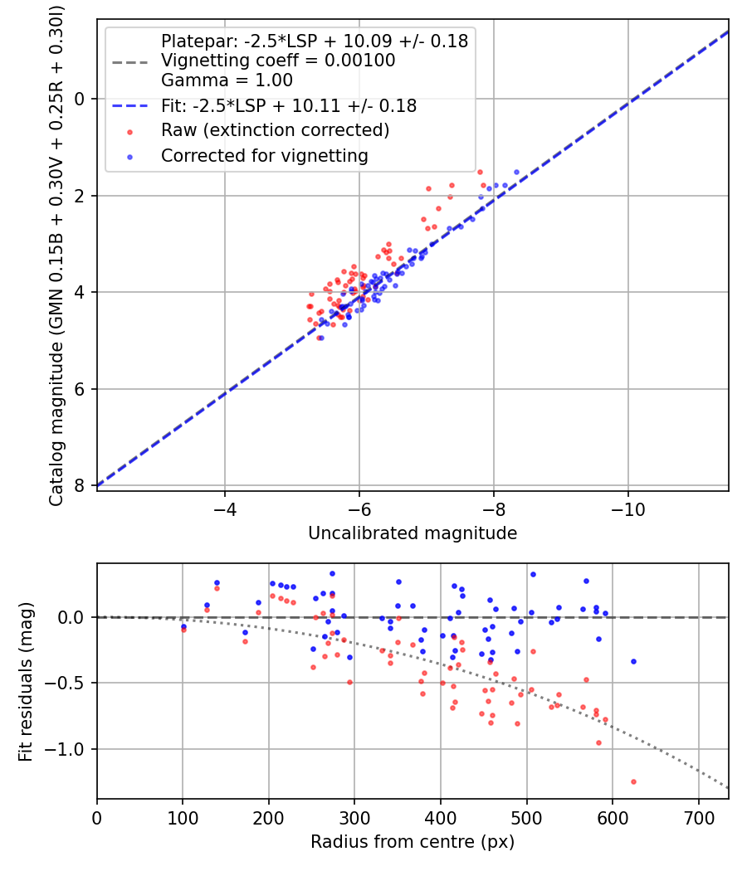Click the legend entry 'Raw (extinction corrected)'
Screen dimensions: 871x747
[275, 130]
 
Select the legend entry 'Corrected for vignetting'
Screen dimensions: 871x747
[264, 155]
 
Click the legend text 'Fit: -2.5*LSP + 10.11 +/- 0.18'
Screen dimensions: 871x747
[289, 106]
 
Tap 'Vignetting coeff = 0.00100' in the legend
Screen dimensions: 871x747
[278, 61]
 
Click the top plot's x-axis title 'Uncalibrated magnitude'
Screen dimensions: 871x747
[413, 533]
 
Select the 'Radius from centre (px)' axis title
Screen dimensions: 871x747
[413, 842]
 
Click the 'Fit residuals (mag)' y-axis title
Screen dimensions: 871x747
[26, 681]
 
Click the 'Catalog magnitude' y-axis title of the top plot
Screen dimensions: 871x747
[56, 254]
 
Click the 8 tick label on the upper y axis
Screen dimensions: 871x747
[80, 486]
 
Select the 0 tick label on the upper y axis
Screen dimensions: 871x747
[80, 99]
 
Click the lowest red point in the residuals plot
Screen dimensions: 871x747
[633, 781]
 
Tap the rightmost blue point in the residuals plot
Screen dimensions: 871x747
[633, 661]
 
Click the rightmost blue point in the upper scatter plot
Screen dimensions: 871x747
[516, 172]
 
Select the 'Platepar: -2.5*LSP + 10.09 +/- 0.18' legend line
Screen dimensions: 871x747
[314, 41]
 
